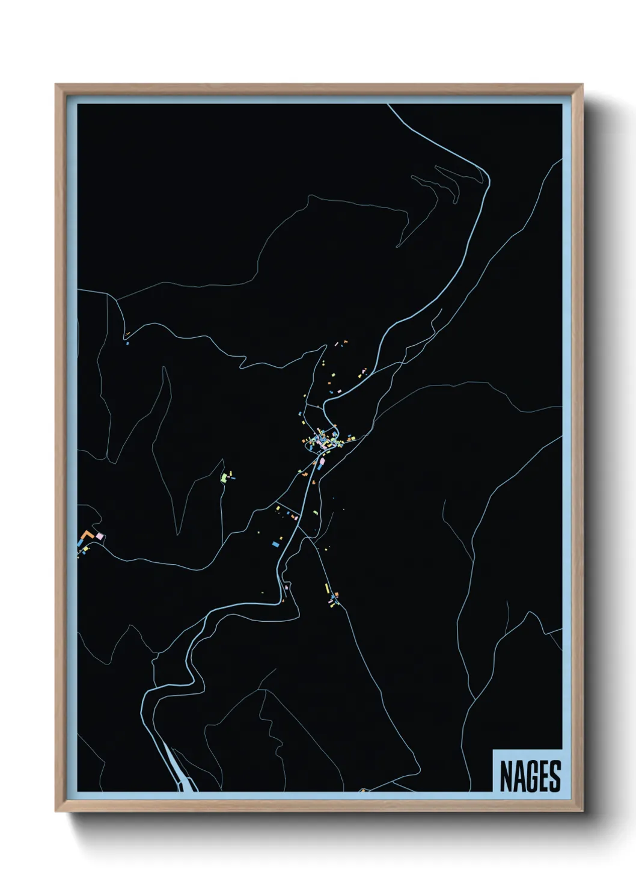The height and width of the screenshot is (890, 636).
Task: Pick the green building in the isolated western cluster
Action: point(224,477)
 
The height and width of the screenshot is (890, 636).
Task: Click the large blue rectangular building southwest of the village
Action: point(276,544)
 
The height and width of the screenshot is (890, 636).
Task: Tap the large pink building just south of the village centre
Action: point(321,462)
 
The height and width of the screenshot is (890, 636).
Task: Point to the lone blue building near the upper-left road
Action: point(127,343)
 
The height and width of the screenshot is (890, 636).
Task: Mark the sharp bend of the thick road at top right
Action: point(486,177)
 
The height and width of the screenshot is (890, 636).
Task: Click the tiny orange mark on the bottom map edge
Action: point(362,790)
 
